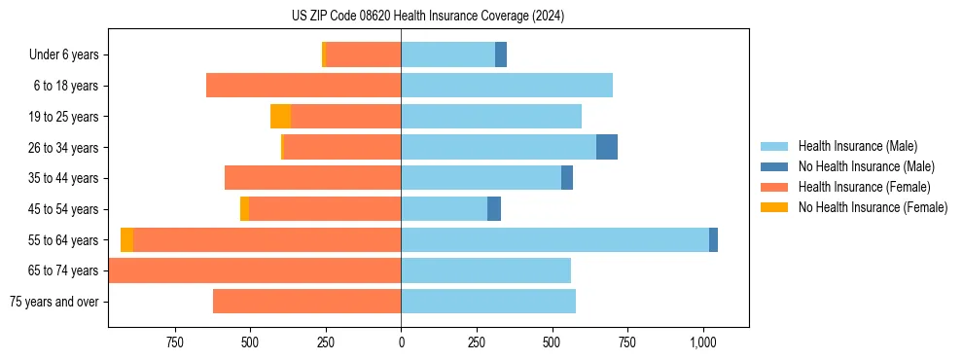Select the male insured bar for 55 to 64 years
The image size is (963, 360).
(554, 239)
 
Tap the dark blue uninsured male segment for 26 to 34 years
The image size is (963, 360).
(607, 147)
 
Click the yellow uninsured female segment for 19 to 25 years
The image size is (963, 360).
(280, 117)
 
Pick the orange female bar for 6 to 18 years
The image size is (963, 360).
(303, 86)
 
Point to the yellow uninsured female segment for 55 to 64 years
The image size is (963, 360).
(126, 239)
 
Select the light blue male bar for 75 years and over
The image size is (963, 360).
(488, 302)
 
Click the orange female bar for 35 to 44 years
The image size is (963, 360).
(313, 178)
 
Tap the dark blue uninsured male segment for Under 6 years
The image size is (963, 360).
(501, 54)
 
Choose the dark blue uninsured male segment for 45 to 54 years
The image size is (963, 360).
(494, 208)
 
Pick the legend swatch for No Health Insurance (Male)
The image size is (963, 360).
(774, 166)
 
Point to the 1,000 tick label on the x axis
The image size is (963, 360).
(702, 342)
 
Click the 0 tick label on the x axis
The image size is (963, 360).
(401, 342)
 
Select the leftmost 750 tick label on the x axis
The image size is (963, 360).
(175, 342)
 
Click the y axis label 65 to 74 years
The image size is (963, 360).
(66, 270)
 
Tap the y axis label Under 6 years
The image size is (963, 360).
(64, 55)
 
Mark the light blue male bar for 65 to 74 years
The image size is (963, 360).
(486, 270)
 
